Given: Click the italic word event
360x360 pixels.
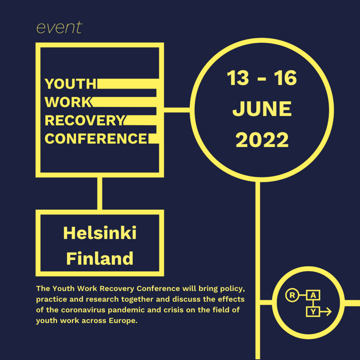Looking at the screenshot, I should (x=59, y=27).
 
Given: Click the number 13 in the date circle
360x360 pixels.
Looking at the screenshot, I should (x=238, y=78).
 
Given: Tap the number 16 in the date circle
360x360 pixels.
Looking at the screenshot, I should (x=285, y=78).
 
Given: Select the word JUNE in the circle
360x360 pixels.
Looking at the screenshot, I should (x=262, y=109).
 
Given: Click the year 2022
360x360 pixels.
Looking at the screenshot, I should (x=262, y=140).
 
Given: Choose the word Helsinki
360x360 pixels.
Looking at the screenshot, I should (x=100, y=233).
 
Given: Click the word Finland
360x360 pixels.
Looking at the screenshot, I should (x=100, y=258).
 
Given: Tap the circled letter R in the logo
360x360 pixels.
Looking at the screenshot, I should (x=292, y=296).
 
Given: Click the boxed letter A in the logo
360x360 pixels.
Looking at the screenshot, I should (x=313, y=296).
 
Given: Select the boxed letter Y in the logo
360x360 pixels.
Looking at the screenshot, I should (x=313, y=312).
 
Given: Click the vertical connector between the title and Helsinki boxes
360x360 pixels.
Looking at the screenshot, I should (x=100, y=193).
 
